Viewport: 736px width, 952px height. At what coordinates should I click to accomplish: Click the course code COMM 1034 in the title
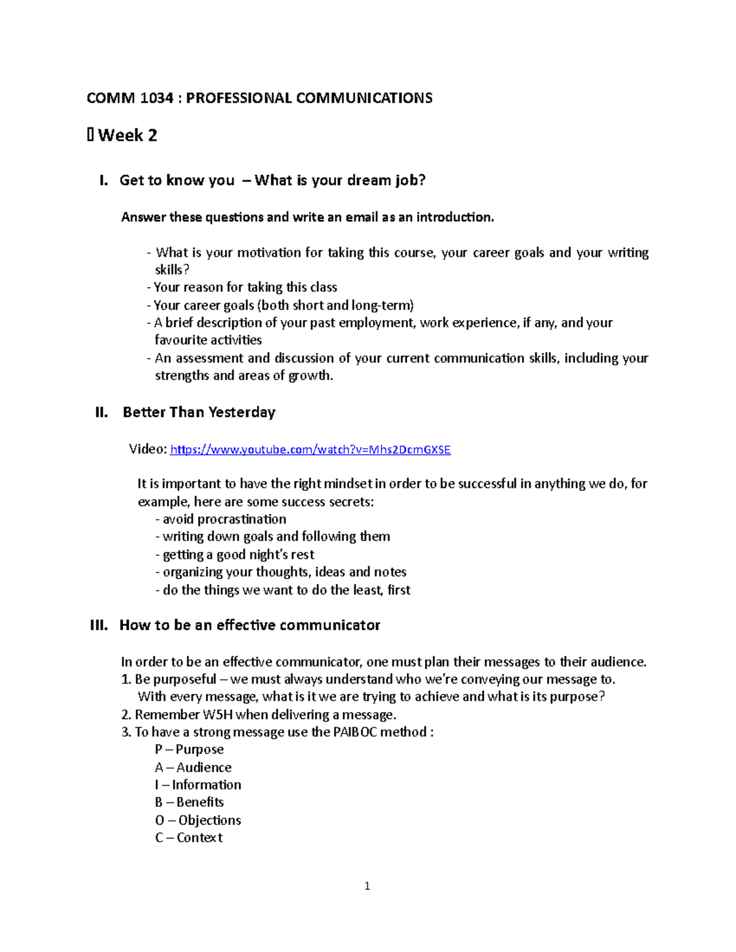129,98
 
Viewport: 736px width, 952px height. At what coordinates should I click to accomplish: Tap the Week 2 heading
127,135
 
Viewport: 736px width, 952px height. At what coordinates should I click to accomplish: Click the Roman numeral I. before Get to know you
103,180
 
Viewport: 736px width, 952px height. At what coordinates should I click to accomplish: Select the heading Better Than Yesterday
199,413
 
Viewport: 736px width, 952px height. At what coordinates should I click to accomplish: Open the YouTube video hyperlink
310,450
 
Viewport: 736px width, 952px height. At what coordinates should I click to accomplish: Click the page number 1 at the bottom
367,886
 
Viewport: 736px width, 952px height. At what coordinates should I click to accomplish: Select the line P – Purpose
189,750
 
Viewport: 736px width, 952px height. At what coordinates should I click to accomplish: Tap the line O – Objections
197,820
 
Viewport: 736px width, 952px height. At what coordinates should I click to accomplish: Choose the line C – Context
188,838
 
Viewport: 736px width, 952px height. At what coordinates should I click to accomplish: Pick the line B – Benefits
189,802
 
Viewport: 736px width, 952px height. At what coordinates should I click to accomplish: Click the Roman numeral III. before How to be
99,625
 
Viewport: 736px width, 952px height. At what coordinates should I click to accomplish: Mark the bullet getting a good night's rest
238,555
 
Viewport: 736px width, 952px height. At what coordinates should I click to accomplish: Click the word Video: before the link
147,449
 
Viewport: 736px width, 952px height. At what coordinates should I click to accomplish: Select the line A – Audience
193,767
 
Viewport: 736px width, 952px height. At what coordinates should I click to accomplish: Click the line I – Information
197,785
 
